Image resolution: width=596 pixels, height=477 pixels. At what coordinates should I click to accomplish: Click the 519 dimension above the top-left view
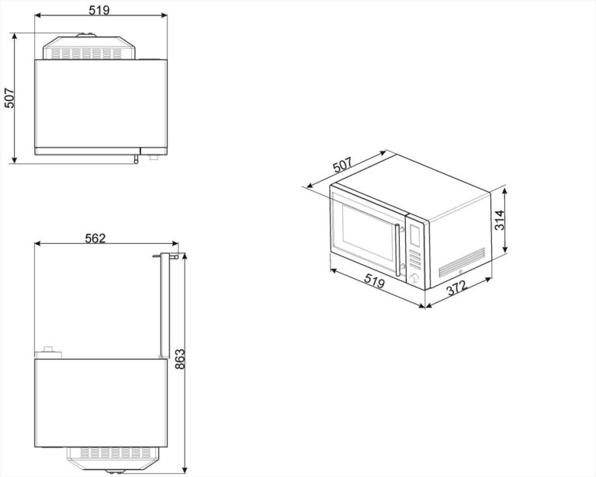[x=99, y=10]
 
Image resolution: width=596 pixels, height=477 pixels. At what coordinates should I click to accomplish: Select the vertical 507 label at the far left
[x=9, y=98]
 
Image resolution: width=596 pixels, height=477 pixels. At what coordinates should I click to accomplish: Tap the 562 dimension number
[x=95, y=238]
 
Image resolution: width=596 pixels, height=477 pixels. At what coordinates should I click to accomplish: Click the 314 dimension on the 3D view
[x=500, y=220]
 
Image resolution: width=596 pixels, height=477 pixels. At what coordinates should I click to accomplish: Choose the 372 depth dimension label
[x=456, y=288]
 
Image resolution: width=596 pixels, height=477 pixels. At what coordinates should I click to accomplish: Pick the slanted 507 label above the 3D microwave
[x=343, y=165]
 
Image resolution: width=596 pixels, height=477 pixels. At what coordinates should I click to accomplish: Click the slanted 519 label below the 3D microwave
[x=375, y=281]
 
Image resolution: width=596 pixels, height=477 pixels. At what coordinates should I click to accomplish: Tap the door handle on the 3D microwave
[x=397, y=250]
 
